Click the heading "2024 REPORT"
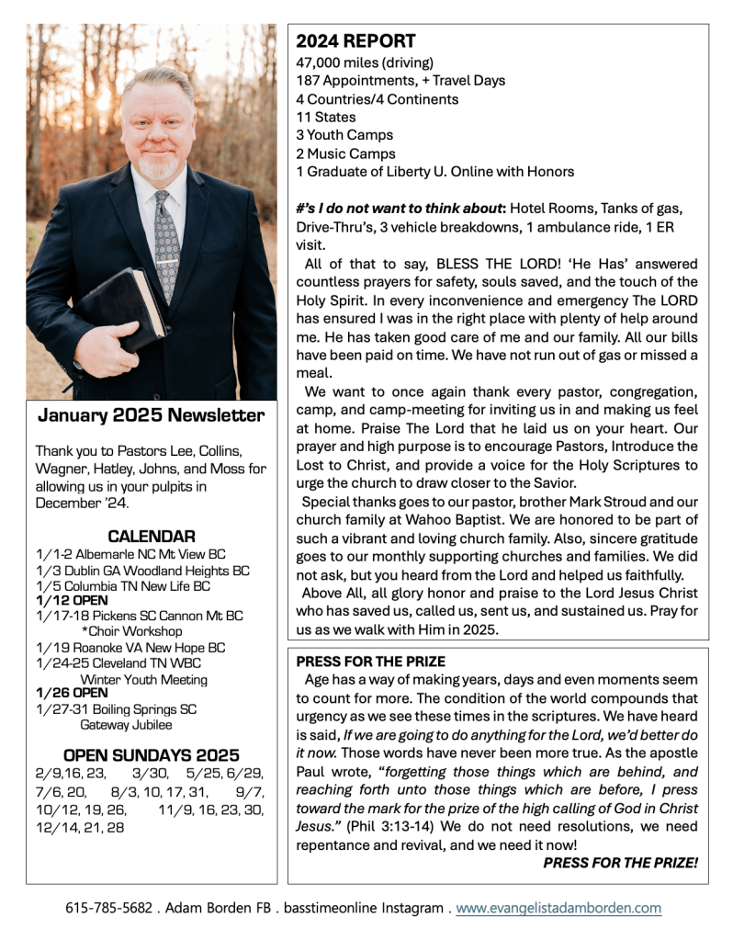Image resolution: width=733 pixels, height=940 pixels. pos(355,41)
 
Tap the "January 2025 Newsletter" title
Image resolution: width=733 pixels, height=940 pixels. pos(151,415)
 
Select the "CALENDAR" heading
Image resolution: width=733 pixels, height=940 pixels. pos(151,536)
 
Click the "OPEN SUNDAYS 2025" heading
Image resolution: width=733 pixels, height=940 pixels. pos(151,755)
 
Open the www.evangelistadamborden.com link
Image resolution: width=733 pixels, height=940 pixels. pos(558,908)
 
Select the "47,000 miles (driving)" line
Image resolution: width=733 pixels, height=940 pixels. pos(365,62)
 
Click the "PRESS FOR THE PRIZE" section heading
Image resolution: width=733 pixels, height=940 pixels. pos(370,661)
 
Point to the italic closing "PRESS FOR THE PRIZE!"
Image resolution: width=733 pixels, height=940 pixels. pos(620,863)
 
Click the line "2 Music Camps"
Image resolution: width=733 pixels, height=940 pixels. pos(345,153)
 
